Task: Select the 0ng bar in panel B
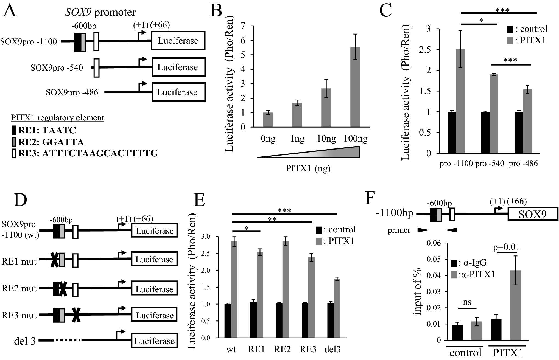(x=268, y=120)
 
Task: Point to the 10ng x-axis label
(x=326, y=139)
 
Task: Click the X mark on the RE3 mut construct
(x=76, y=315)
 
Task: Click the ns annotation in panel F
(x=467, y=302)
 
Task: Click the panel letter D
(x=20, y=201)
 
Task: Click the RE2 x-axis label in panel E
(x=282, y=349)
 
